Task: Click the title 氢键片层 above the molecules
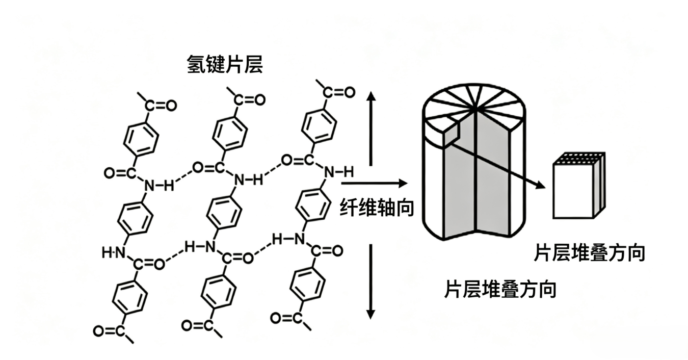click(225, 65)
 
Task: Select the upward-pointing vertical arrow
click(371, 128)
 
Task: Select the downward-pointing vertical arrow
click(371, 281)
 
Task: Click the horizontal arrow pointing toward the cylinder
click(375, 184)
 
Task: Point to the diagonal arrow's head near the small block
click(540, 185)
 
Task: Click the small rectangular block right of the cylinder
click(579, 186)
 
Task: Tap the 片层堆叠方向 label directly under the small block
click(589, 253)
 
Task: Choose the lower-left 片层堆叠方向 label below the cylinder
click(500, 289)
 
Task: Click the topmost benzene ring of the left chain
click(141, 139)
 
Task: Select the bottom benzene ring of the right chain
click(307, 284)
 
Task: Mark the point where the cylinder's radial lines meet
click(474, 109)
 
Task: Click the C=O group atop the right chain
click(339, 92)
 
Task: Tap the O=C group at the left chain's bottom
click(110, 331)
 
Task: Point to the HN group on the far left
click(114, 253)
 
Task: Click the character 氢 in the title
click(196, 65)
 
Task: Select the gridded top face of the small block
click(579, 159)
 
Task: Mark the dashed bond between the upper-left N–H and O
click(183, 176)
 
